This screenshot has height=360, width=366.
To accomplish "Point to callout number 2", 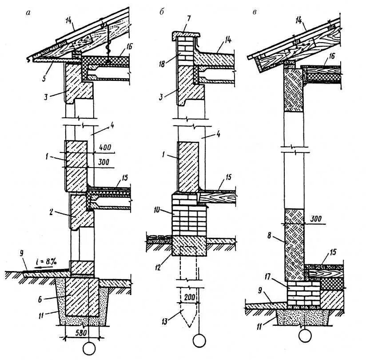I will pos(52,212).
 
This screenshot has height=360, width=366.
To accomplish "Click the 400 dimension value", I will pos(106,147).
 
